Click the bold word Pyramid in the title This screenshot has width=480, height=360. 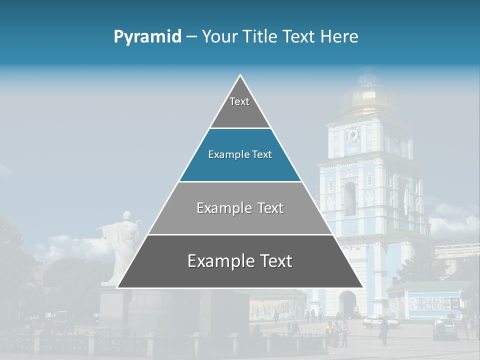tap(147, 37)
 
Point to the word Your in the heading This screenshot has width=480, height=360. tap(220, 37)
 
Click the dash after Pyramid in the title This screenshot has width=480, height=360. tap(191, 37)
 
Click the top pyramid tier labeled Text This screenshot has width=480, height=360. tap(239, 107)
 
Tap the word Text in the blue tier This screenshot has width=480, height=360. tap(262, 155)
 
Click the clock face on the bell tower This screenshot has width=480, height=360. tap(353, 135)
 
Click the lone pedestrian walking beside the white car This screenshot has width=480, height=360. tap(384, 331)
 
